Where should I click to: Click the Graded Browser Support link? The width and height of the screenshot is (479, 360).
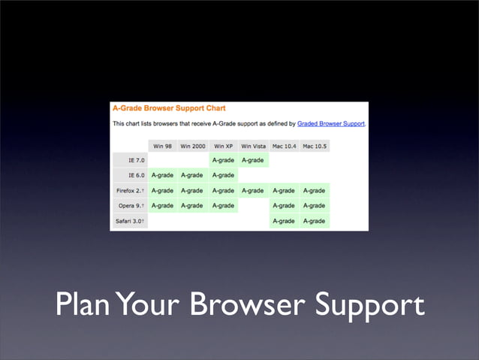click(330, 123)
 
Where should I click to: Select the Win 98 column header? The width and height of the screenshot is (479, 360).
click(163, 146)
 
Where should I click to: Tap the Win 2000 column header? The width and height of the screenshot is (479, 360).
click(193, 146)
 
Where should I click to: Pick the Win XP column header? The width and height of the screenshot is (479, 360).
click(223, 146)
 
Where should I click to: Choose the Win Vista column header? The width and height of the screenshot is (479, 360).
click(253, 146)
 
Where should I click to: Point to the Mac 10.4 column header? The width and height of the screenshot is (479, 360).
click(284, 146)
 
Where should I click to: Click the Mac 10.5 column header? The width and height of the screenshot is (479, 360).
click(315, 146)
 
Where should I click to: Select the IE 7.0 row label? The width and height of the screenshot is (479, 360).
click(128, 160)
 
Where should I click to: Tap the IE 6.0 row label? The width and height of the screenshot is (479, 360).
click(128, 175)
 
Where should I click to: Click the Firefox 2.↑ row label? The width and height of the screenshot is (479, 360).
click(128, 190)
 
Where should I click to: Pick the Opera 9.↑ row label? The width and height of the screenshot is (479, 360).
click(128, 205)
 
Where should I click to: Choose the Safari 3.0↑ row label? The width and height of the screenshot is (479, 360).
click(128, 221)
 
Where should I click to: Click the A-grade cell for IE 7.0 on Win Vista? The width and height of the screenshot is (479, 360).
click(253, 160)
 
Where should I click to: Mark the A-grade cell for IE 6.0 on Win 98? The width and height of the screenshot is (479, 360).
click(163, 175)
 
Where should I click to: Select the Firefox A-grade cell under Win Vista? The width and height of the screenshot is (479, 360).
click(253, 190)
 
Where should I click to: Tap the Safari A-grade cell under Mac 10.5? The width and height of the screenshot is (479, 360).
click(315, 221)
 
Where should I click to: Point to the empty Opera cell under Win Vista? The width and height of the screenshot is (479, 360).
click(253, 205)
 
